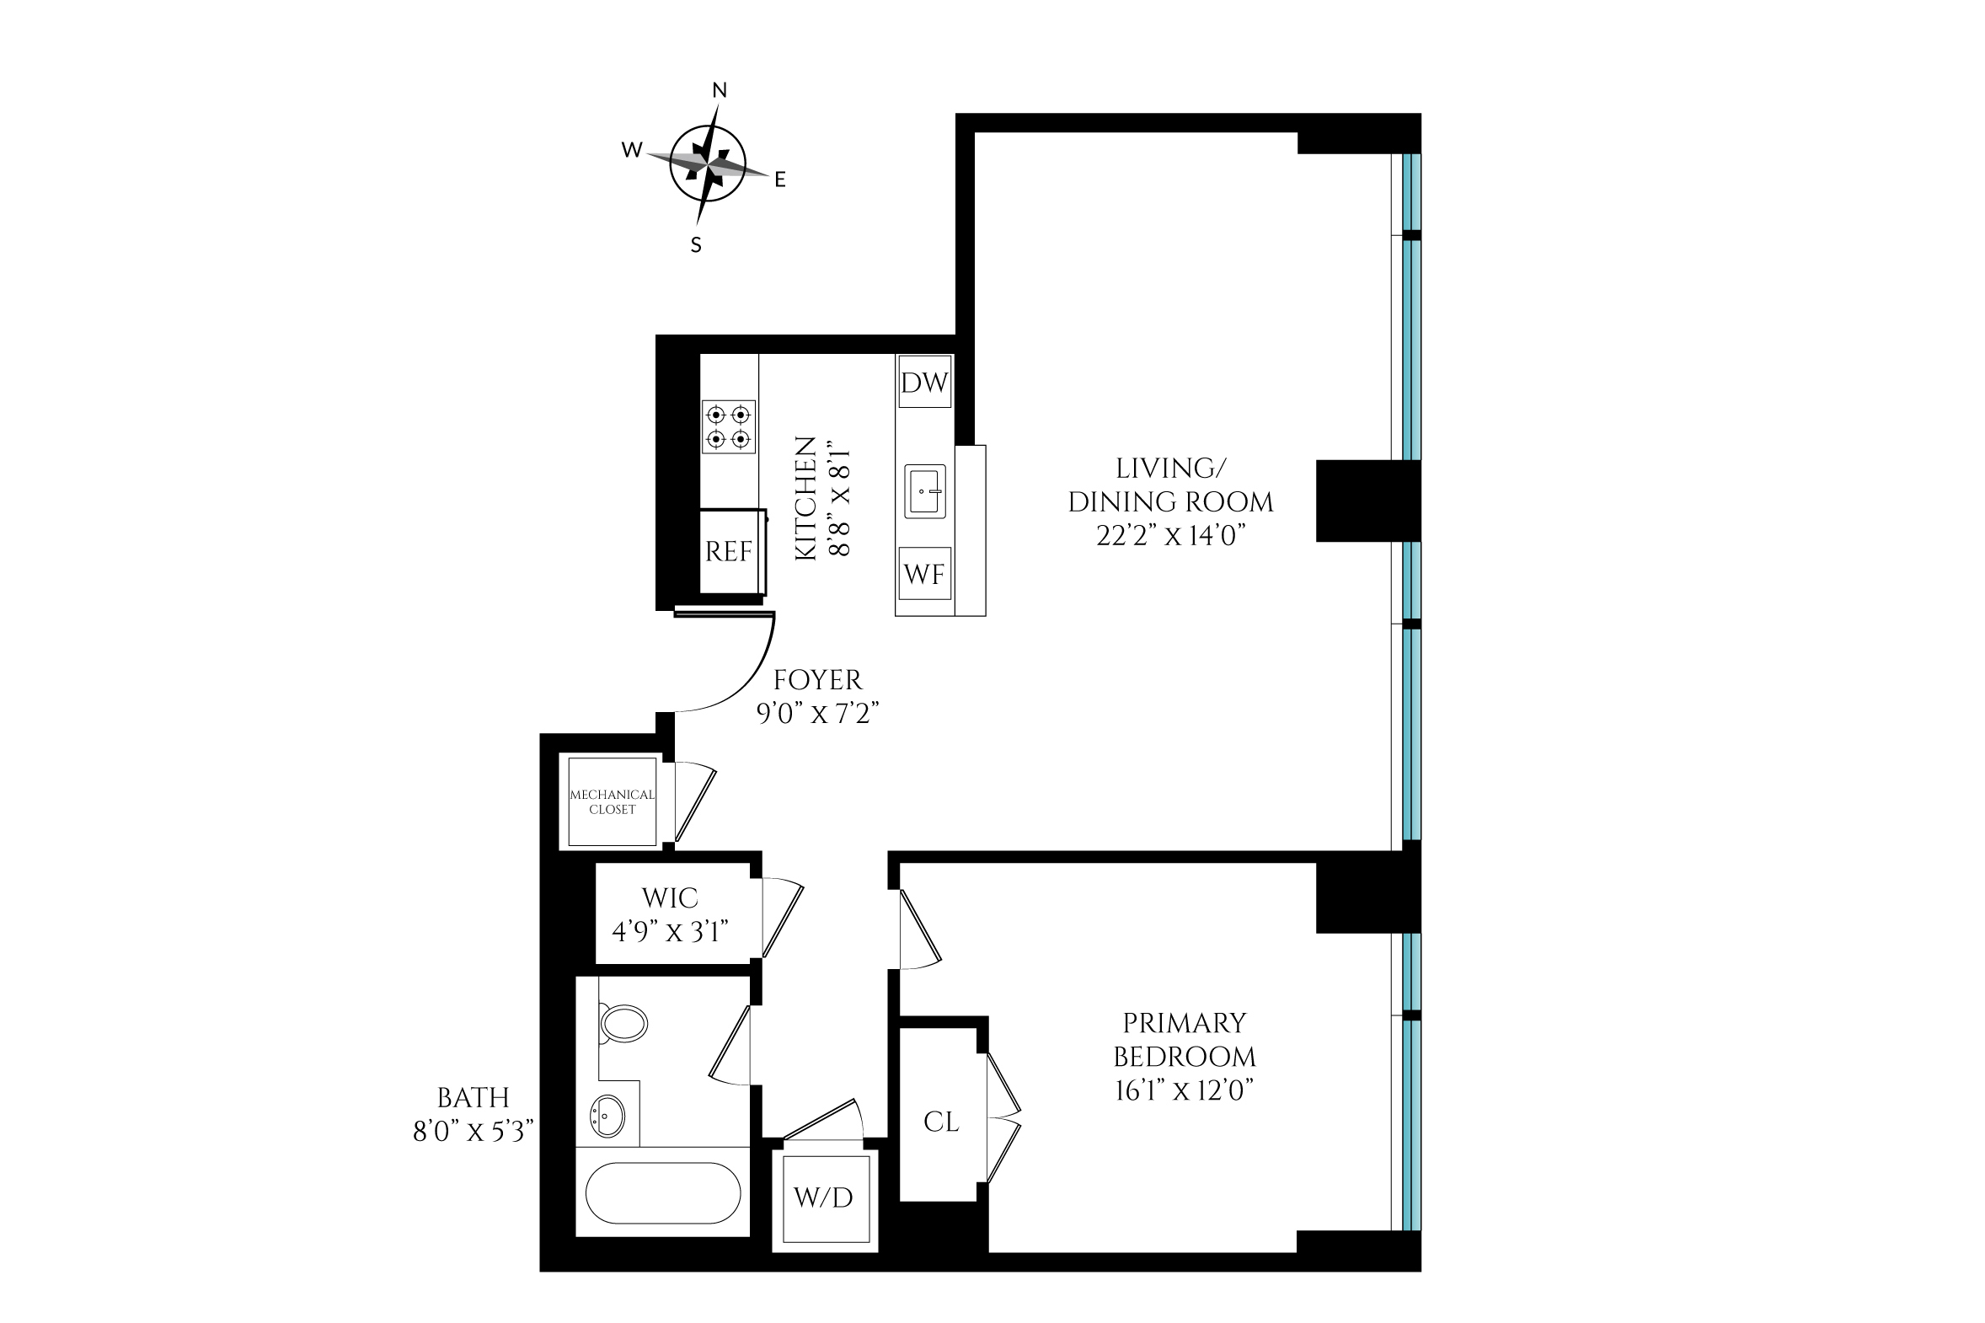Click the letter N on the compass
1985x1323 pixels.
[x=720, y=90]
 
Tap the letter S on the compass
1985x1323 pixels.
[x=696, y=244]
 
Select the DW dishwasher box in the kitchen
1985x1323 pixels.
[x=924, y=383]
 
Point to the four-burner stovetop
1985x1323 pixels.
[x=729, y=427]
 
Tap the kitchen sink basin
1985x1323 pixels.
[x=925, y=490]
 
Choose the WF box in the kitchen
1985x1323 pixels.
[x=924, y=574]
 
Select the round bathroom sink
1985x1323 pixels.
[x=606, y=1117]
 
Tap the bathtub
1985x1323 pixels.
[x=663, y=1193]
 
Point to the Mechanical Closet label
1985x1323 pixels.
[x=613, y=801]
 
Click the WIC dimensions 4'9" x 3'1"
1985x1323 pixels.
[x=671, y=931]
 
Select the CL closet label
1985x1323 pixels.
[x=941, y=1122]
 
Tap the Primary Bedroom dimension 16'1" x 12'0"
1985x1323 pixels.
[x=1184, y=1090]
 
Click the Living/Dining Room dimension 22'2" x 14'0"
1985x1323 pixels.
[x=1171, y=535]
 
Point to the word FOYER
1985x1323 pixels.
[x=817, y=679]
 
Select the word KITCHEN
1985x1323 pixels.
[x=806, y=498]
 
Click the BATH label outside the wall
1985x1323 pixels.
[x=474, y=1097]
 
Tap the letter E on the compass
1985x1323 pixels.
[x=780, y=179]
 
